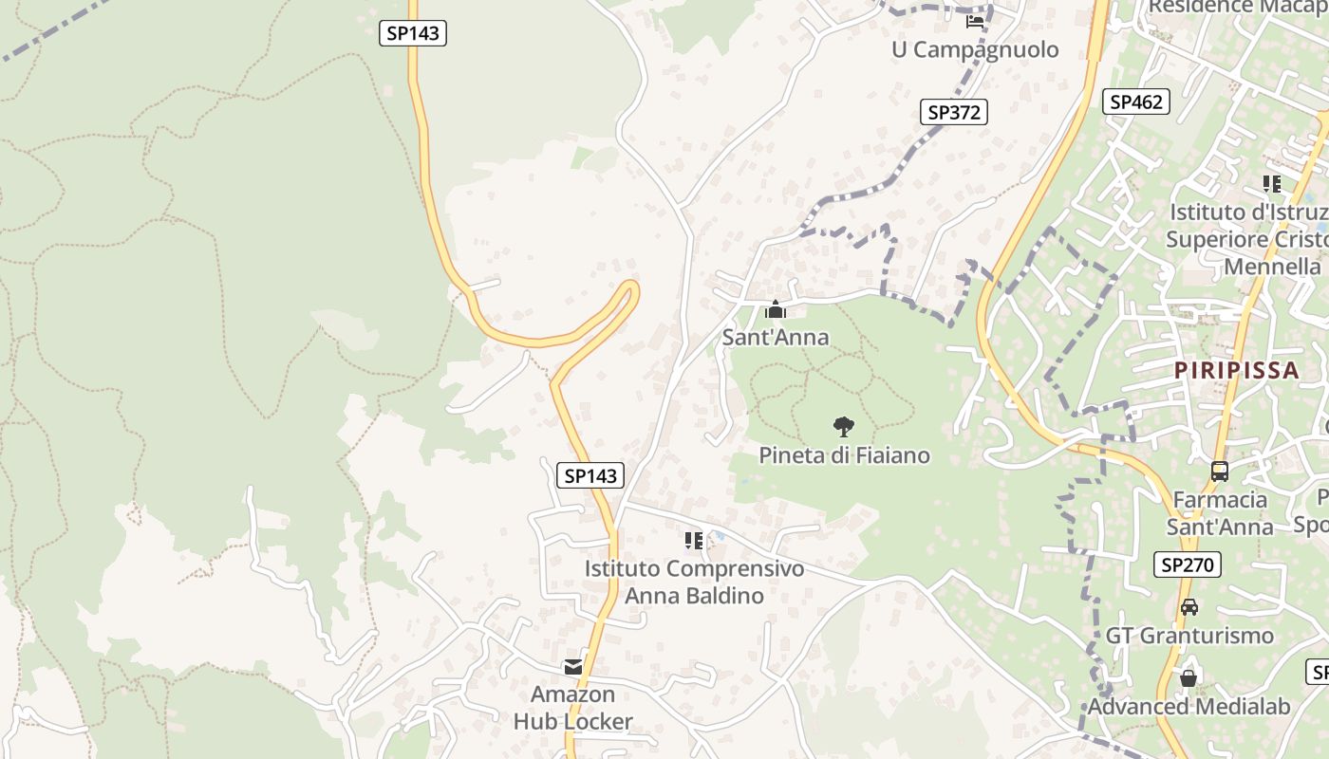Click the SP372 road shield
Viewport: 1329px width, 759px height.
(954, 112)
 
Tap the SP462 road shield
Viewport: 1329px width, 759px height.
(1135, 102)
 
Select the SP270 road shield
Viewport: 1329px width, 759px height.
(1188, 565)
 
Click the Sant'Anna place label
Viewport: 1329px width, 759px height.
(775, 337)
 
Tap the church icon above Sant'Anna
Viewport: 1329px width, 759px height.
(776, 309)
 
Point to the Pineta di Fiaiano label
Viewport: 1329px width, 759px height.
(844, 455)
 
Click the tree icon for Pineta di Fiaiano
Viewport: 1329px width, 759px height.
(843, 427)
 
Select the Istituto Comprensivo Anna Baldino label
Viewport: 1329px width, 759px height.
(694, 582)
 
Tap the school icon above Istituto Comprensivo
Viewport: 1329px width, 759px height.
(694, 541)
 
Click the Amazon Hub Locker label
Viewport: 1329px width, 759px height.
(572, 708)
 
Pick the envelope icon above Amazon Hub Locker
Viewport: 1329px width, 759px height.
(573, 667)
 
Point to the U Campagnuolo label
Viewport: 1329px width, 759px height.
(975, 49)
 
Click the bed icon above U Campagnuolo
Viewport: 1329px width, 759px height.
(975, 21)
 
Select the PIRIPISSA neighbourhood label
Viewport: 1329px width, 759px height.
(1236, 370)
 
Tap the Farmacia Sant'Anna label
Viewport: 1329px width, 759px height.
(1220, 512)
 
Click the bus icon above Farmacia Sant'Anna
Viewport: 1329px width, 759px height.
(1220, 471)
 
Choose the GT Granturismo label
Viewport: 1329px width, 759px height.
(1189, 635)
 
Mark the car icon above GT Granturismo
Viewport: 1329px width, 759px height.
(1189, 606)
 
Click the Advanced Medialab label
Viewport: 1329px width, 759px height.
(1189, 706)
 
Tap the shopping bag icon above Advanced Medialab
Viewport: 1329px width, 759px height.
(1188, 677)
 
